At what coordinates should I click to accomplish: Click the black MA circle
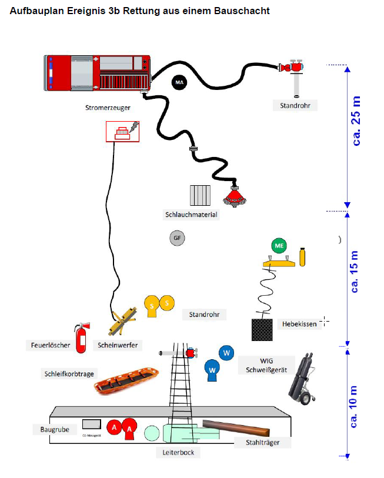click(x=179, y=83)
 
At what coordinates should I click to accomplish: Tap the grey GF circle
click(x=176, y=238)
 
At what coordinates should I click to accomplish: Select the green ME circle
click(x=278, y=246)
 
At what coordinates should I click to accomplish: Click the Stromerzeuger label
click(x=108, y=108)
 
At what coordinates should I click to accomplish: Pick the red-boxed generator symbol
click(x=122, y=131)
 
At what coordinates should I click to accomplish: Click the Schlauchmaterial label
click(x=191, y=215)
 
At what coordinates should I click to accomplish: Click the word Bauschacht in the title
click(x=238, y=11)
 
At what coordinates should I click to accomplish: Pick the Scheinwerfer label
click(x=118, y=345)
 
